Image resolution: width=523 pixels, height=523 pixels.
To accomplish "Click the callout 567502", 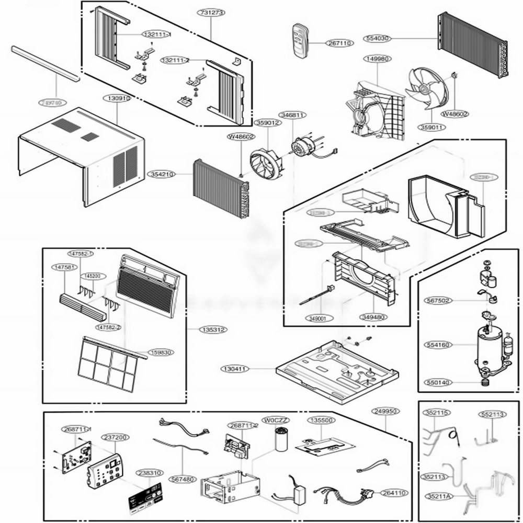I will click(438, 301).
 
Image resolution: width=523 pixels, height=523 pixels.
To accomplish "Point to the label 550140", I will click(438, 383).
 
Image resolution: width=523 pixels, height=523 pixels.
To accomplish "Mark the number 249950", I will click(385, 412).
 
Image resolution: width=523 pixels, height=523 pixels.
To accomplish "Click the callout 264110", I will click(396, 493).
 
